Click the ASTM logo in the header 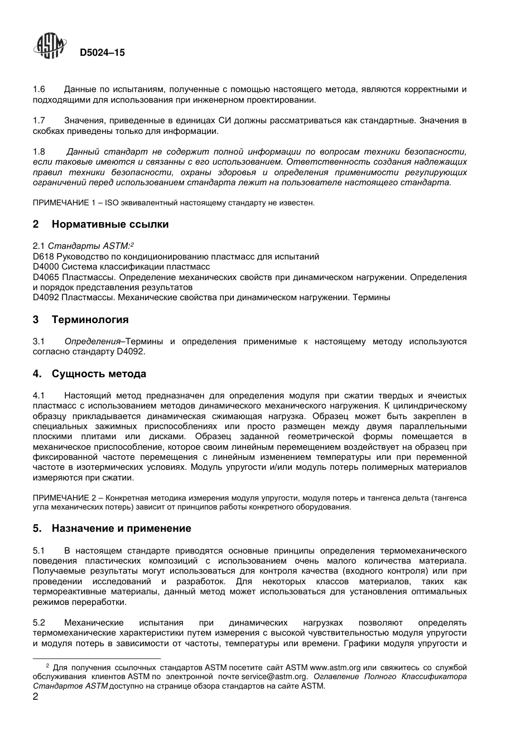49,47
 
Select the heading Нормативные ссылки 110,224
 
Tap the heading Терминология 90,320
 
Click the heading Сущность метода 99,374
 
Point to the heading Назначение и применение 121,528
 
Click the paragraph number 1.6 39,89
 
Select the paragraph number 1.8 39,152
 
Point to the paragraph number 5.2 39,623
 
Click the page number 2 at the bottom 36,697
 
